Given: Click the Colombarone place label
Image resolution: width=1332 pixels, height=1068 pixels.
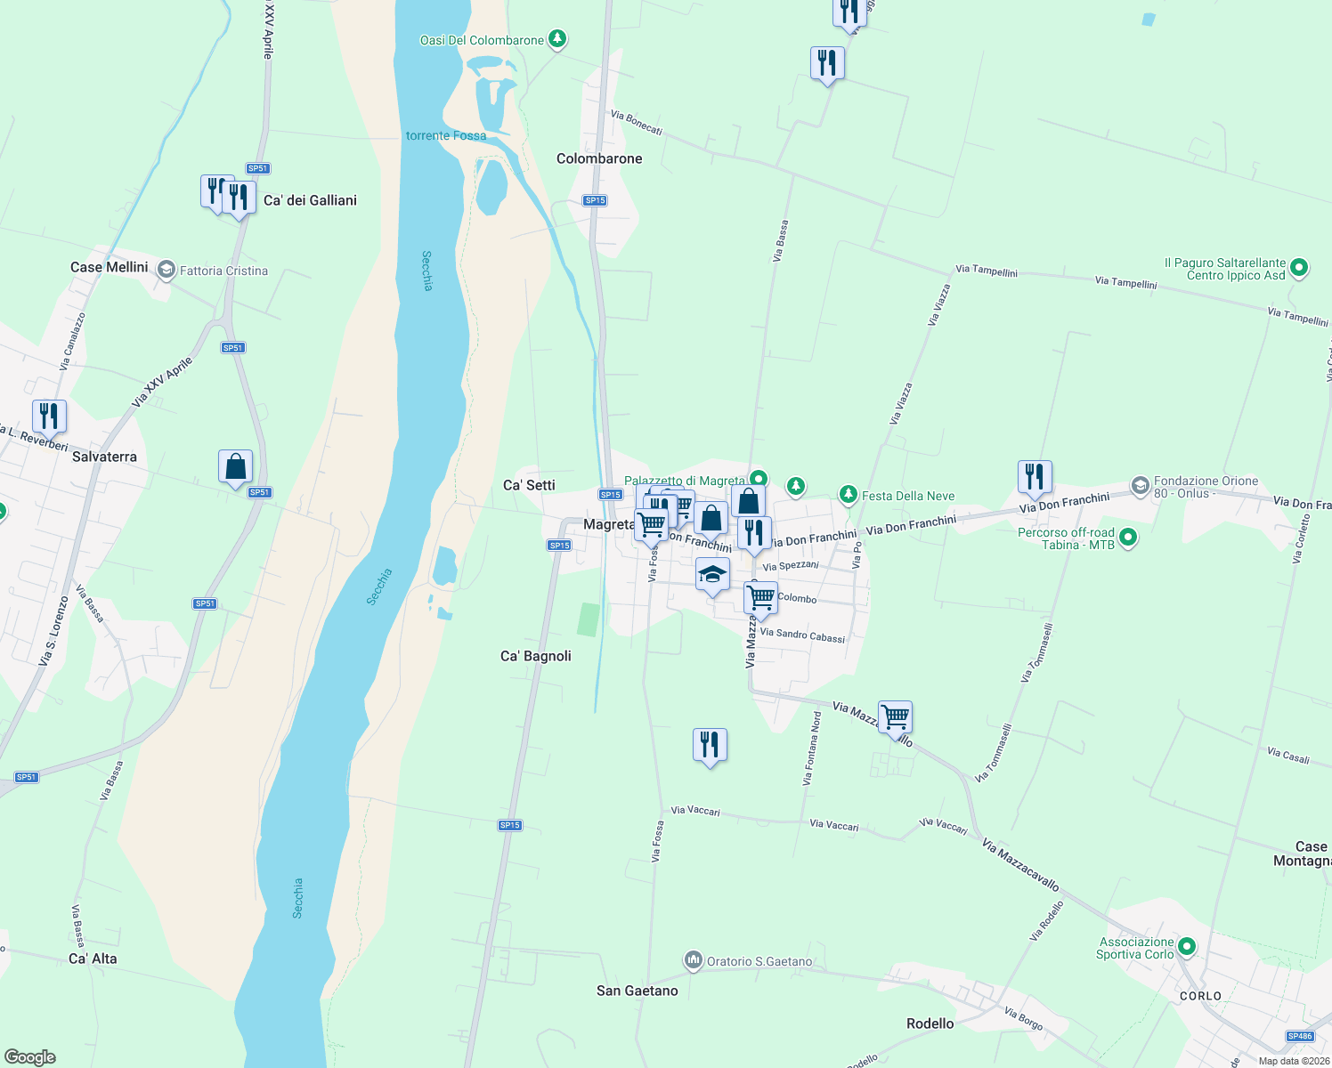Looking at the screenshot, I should [599, 158].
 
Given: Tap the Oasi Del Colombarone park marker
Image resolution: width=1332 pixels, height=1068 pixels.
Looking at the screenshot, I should [557, 39].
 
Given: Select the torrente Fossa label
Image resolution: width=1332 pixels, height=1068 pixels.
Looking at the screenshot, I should [446, 135].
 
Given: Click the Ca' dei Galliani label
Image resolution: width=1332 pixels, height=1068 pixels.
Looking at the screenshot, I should [310, 200].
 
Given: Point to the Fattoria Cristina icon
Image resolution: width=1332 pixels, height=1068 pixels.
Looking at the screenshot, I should [166, 270].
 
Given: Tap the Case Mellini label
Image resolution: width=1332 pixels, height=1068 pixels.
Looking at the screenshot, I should [109, 267].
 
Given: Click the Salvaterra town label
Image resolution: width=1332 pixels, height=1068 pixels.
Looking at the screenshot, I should [104, 457].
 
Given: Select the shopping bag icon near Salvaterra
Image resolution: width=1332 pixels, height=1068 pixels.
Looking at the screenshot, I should [235, 466].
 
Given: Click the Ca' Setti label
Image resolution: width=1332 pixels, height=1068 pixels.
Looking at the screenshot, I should [529, 485].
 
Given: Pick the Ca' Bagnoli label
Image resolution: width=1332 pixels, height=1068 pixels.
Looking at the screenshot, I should [536, 656].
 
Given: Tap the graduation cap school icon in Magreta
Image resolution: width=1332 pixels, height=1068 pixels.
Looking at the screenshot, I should [712, 574].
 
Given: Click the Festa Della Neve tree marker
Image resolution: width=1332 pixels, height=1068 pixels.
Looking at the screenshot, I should [849, 494].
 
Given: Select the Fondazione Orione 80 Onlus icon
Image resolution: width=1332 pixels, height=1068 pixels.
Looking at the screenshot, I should [1141, 486].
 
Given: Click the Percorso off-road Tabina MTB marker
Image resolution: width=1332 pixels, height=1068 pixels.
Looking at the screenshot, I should [1128, 537].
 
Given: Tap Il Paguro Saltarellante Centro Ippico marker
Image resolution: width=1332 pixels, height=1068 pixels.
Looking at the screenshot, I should [1299, 267].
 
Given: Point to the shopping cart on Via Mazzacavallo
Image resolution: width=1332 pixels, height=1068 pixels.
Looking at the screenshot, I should [895, 716].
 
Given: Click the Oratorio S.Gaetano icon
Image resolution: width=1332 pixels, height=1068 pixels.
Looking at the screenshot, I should [693, 960].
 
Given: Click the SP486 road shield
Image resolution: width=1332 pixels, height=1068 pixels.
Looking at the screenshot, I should [1300, 1036].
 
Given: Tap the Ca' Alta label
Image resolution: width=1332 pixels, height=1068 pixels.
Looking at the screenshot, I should [93, 959].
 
